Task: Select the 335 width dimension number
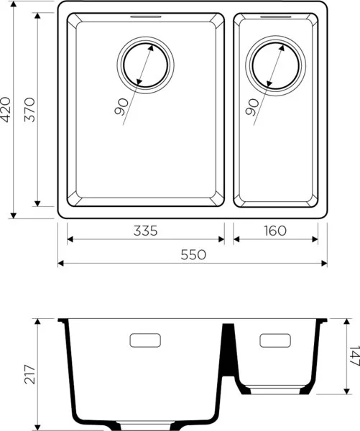[x=145, y=231]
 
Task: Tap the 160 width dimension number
[x=274, y=231]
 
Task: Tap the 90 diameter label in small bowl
[x=252, y=108]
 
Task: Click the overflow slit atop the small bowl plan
[x=277, y=16]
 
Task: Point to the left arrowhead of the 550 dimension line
[x=60, y=263]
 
